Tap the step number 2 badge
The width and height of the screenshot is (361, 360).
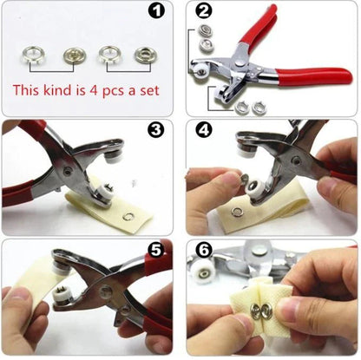(x=203, y=13)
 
